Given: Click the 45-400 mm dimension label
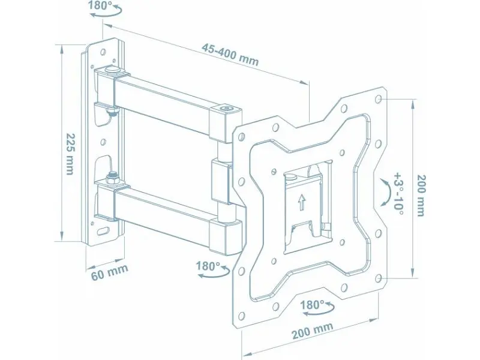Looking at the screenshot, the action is tap(230, 55).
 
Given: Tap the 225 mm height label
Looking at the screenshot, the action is tap(70, 154).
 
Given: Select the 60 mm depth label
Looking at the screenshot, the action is tap(110, 271).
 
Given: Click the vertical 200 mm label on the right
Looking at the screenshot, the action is tap(421, 196).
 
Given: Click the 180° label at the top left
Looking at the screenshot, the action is tap(100, 5).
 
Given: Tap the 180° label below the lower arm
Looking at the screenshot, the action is tap(207, 266).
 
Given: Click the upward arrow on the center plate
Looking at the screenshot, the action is tap(302, 203).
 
